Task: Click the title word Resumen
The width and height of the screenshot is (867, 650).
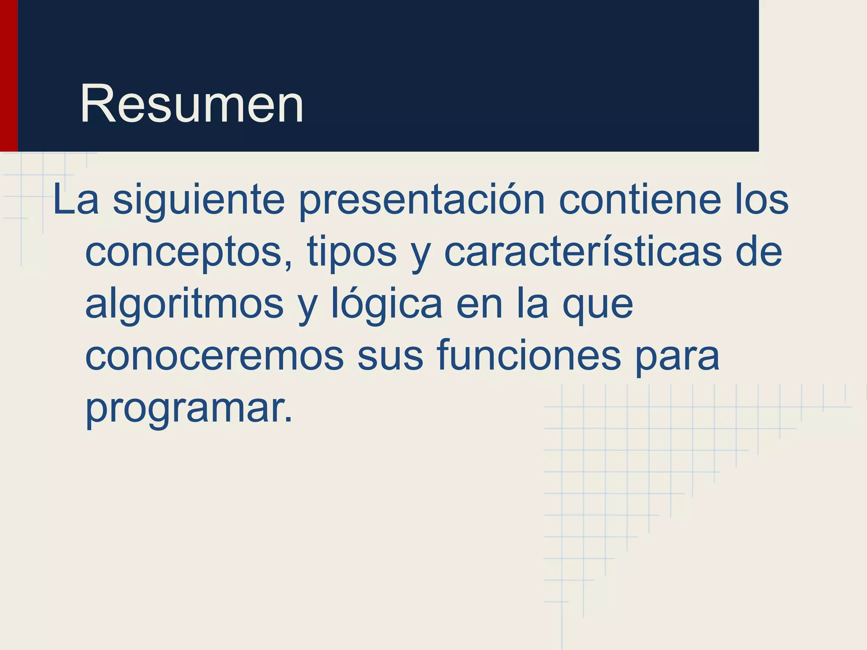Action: point(191,104)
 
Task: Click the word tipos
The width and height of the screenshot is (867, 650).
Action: point(352,252)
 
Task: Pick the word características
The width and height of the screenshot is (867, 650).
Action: point(583,252)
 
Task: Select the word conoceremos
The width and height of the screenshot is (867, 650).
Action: point(214,356)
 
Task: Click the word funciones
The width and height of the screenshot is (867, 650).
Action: point(529,356)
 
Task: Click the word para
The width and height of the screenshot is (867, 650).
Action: point(677,356)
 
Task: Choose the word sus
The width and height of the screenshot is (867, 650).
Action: point(390,356)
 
